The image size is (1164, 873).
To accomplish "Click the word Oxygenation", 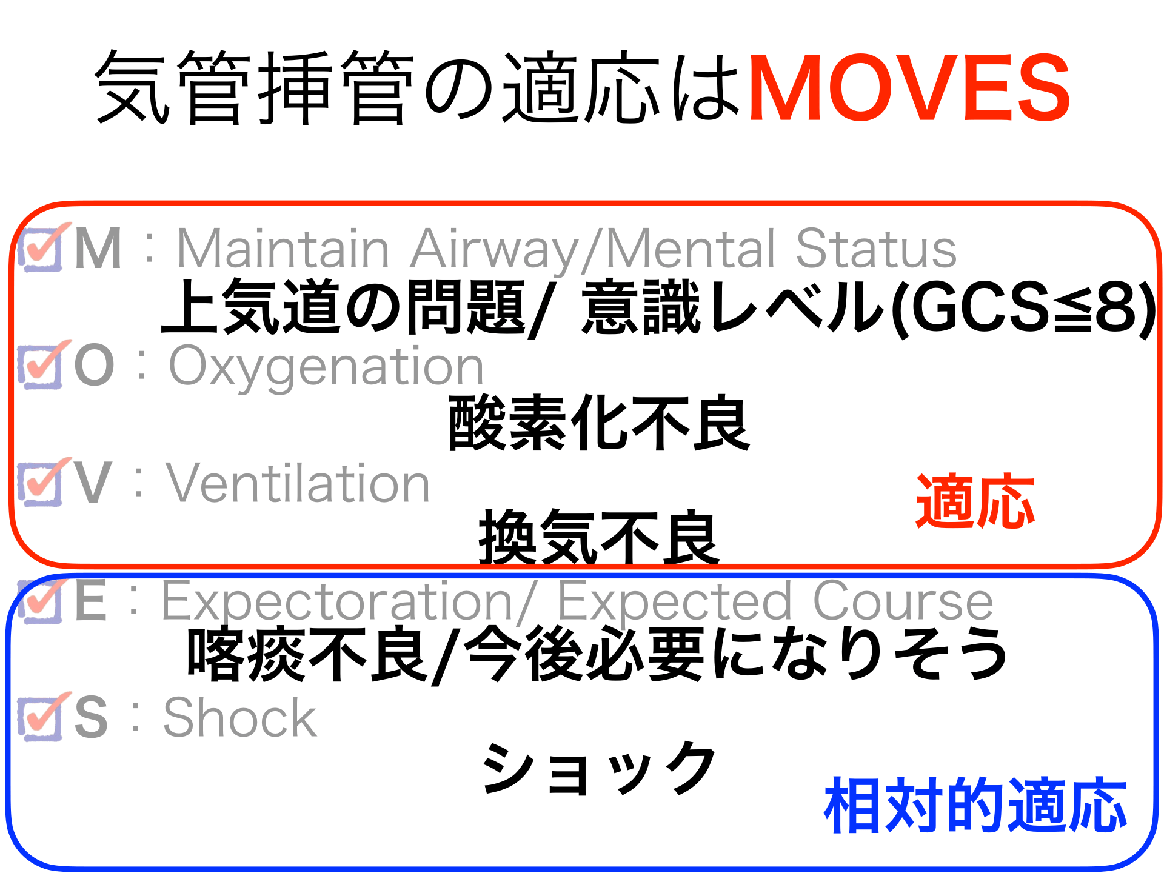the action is tap(326, 367).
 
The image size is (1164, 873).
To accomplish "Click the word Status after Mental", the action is tap(875, 248).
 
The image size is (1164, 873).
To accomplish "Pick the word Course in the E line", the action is tap(902, 601).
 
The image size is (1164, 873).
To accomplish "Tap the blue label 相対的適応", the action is tap(975, 804).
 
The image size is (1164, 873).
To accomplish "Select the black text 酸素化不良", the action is tap(599, 423).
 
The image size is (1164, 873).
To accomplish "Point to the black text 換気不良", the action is tap(599, 537).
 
